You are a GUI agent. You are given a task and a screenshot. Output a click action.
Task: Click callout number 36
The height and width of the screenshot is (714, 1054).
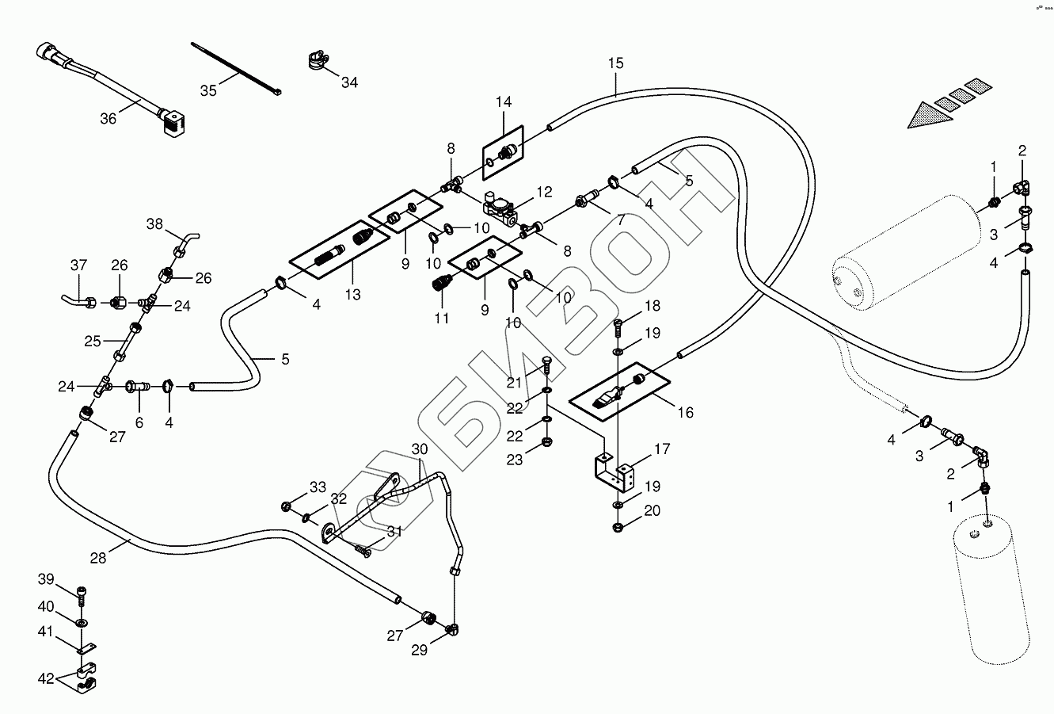pos(108,119)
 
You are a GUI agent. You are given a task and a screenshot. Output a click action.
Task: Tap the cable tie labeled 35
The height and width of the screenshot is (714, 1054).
pos(236,69)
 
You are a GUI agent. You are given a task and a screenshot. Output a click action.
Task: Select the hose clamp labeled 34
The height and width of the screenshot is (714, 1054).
pos(318,59)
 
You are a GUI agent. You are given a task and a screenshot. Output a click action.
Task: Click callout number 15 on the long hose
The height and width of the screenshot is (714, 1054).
pos(615,63)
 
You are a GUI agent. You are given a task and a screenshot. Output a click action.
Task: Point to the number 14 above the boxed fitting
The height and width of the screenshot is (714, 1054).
pos(504,101)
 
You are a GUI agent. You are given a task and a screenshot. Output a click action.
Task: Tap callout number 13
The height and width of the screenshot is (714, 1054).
pos(352,295)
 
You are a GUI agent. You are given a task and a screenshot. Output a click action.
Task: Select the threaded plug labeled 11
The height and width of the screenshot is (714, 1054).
pos(441,283)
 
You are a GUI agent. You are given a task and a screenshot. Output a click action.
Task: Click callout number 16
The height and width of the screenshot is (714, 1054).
pos(686,413)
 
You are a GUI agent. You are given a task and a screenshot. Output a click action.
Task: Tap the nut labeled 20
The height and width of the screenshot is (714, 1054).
pos(618,527)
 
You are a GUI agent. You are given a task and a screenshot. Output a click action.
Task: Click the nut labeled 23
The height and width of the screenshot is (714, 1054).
pos(546,441)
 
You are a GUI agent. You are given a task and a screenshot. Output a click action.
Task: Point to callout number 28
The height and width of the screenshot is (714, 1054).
pos(98,558)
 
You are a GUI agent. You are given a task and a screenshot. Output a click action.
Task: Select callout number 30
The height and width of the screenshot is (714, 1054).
pos(419,449)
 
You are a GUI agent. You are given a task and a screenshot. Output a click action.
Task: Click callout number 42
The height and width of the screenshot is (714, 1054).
pos(46,678)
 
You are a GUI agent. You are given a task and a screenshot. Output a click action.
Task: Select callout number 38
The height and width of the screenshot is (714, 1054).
pos(154,224)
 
